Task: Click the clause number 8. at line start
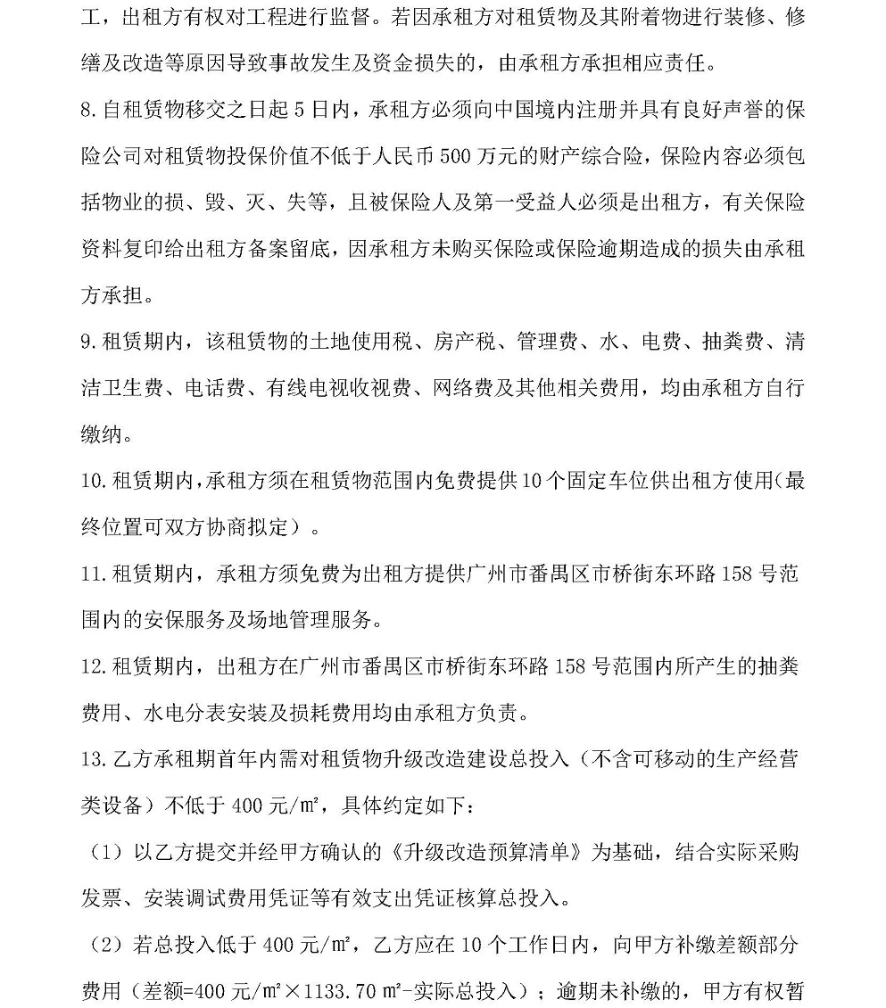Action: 87,110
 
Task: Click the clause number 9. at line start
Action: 87,343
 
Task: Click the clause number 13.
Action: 94,759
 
